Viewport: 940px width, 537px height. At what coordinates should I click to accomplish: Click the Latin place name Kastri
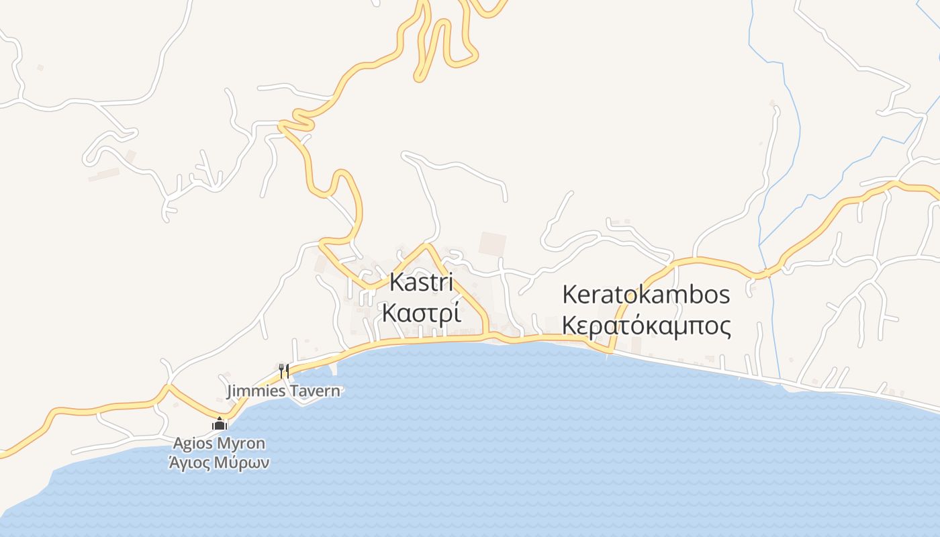[421, 283]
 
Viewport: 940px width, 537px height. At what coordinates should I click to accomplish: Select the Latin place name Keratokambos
[646, 295]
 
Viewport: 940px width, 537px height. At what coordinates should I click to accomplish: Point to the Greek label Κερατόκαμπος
[646, 326]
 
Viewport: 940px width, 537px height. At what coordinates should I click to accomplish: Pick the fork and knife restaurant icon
[284, 371]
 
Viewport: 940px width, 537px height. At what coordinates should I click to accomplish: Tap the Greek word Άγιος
[190, 462]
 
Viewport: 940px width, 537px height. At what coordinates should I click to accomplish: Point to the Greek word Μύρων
[243, 462]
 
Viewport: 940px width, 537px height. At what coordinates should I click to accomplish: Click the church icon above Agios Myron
[219, 424]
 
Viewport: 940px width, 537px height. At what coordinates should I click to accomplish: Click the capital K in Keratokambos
[569, 295]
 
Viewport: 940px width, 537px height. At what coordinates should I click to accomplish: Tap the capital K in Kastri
[396, 283]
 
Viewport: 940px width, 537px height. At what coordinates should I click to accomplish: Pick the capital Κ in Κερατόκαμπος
[569, 326]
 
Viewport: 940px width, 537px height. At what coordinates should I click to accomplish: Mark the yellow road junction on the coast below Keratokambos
[611, 350]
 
